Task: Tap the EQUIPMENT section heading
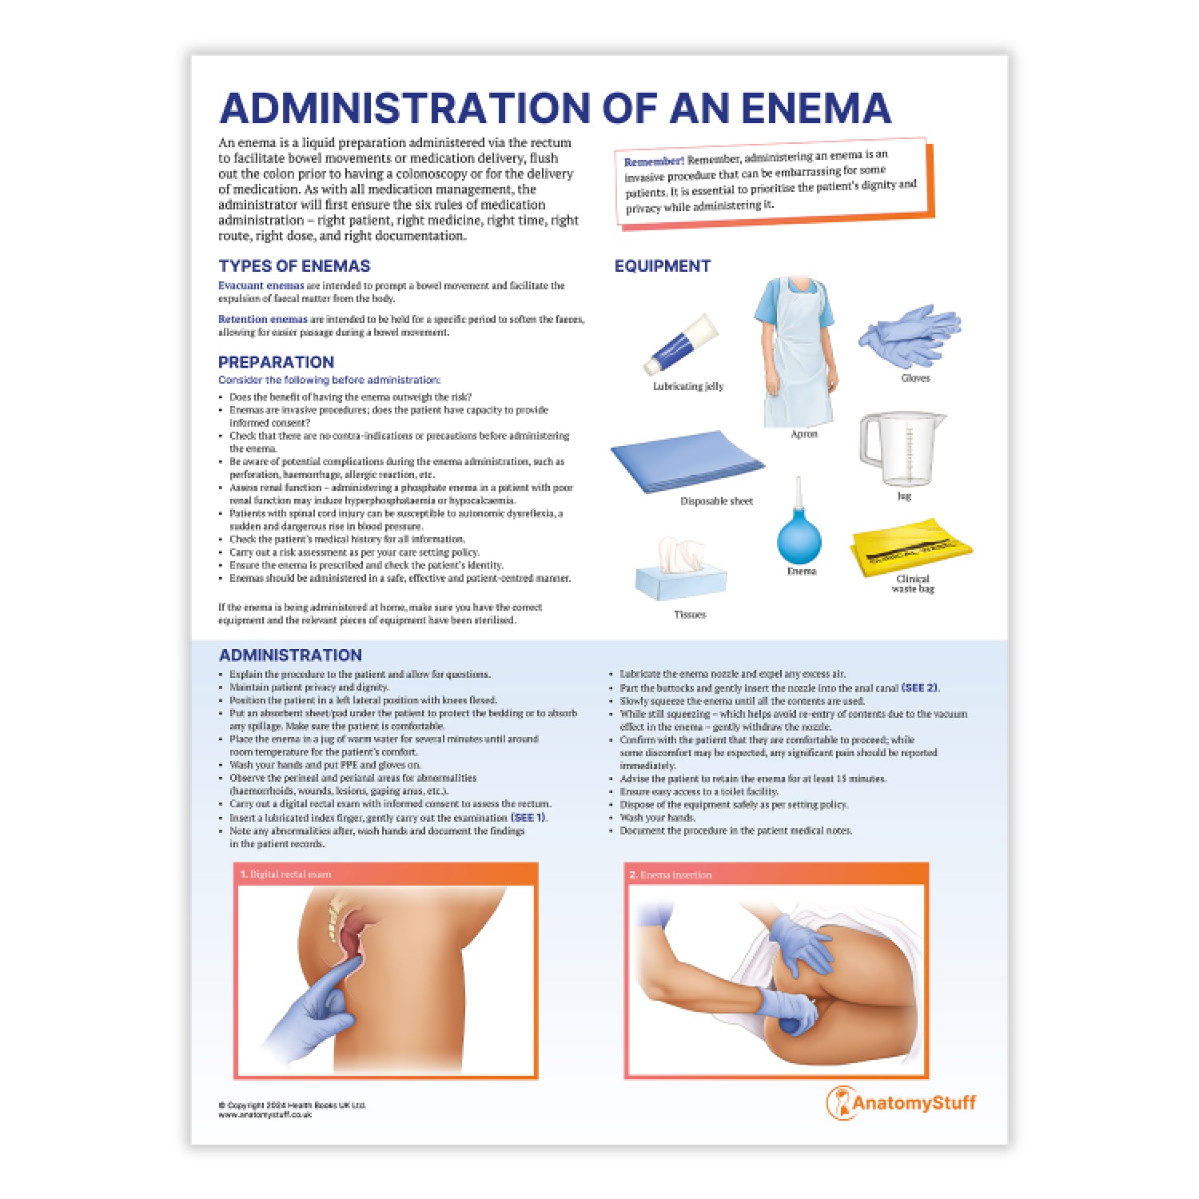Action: point(662,266)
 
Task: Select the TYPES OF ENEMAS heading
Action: point(294,266)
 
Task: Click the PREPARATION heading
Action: point(276,362)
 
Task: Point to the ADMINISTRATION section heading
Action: point(290,655)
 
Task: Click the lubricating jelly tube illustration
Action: point(681,345)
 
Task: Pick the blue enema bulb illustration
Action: point(799,533)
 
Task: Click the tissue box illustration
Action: point(681,576)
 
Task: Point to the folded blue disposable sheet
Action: point(687,463)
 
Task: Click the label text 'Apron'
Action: point(803,434)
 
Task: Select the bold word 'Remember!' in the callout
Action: point(654,161)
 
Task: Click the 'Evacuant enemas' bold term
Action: point(261,285)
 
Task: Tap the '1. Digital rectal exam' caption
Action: point(285,874)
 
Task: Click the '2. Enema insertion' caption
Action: point(670,875)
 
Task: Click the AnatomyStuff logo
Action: point(901,1103)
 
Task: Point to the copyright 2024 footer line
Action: point(292,1105)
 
